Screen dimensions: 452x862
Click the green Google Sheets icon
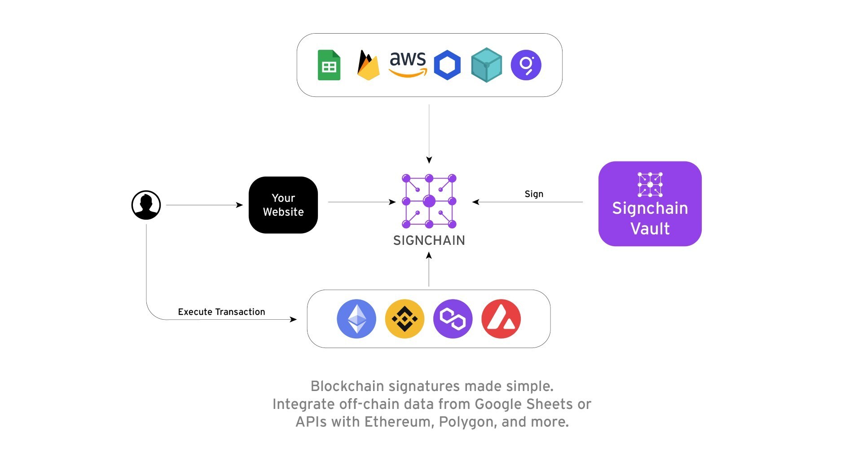[329, 65]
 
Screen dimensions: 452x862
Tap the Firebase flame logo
[368, 65]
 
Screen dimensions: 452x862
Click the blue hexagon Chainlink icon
[447, 65]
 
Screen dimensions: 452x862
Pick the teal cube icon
[486, 65]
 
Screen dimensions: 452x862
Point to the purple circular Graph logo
[526, 65]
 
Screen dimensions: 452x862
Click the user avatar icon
[146, 205]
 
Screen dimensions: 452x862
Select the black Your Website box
[283, 205]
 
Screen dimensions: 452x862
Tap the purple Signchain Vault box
[650, 204]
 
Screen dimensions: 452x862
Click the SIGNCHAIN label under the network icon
[429, 241]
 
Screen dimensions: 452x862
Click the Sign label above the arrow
[534, 194]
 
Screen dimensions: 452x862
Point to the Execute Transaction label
[221, 312]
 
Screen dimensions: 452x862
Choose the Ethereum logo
[356, 319]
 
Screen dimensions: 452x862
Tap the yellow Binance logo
[405, 319]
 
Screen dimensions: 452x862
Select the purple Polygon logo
[453, 319]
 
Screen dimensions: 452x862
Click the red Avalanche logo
[501, 319]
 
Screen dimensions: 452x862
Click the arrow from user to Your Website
[204, 205]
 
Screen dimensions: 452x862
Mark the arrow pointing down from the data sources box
[429, 134]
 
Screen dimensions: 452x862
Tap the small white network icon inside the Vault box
[650, 184]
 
